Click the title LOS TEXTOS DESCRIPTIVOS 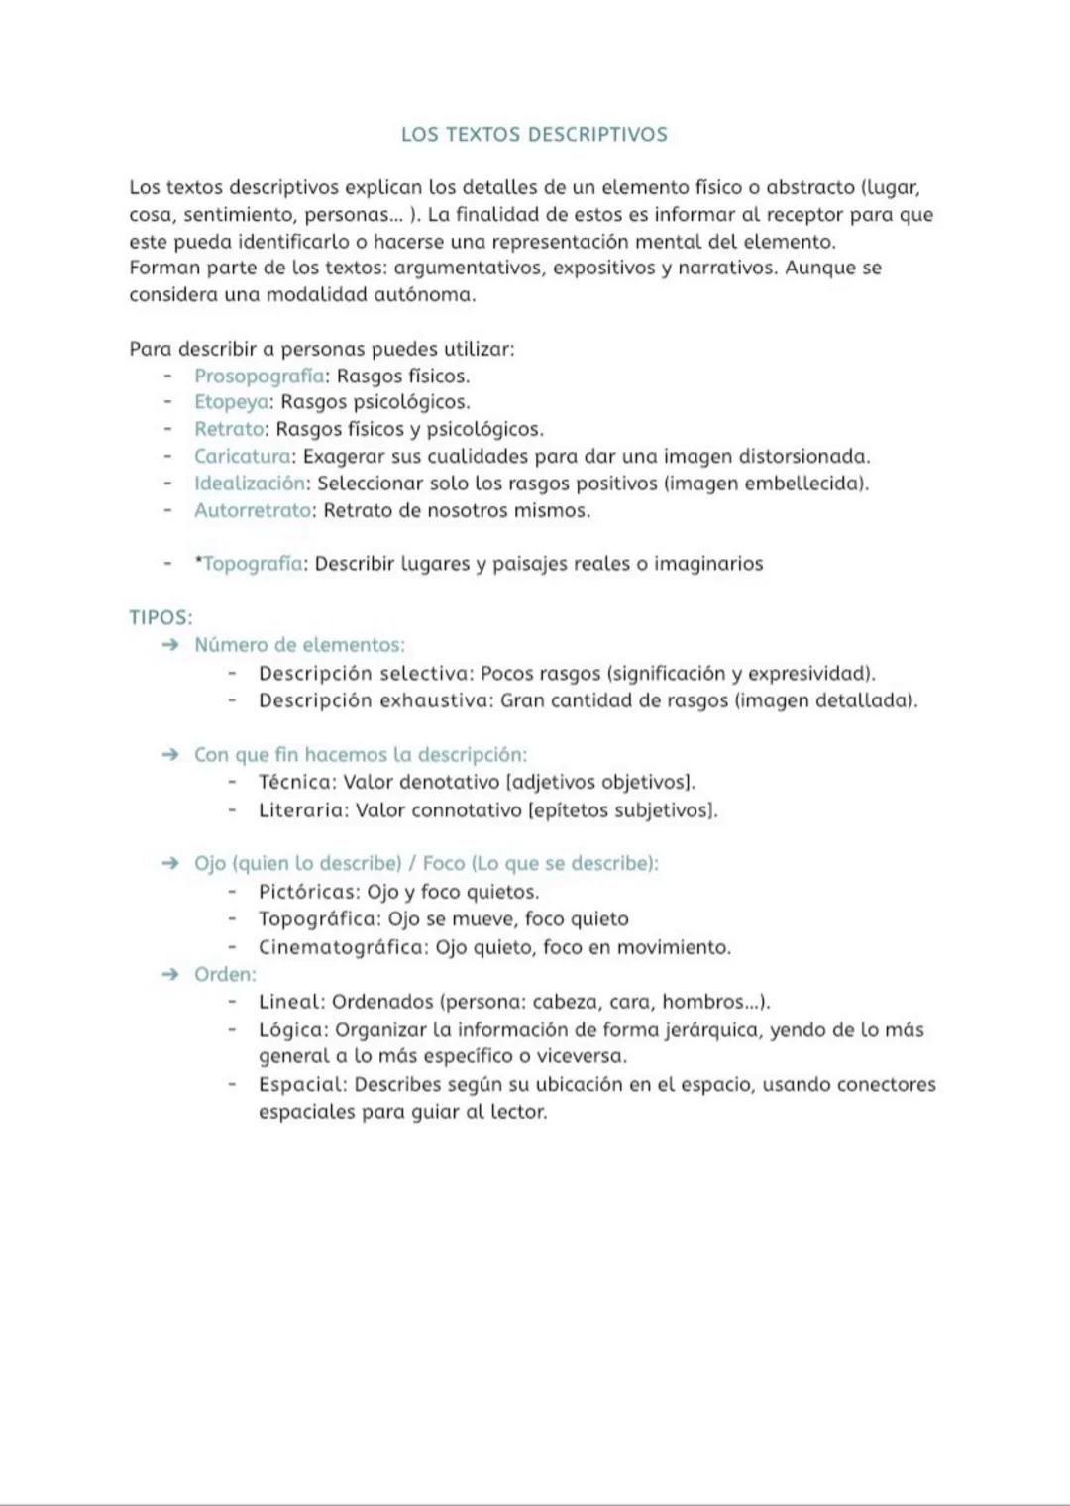pyautogui.click(x=534, y=135)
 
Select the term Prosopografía pyautogui.click(x=260, y=376)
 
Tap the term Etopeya pyautogui.click(x=232, y=402)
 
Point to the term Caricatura pyautogui.click(x=243, y=457)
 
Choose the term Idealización pyautogui.click(x=250, y=484)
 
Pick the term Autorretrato pyautogui.click(x=253, y=511)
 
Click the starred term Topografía pyautogui.click(x=253, y=564)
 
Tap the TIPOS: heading pyautogui.click(x=160, y=618)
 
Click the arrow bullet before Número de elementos pyautogui.click(x=170, y=645)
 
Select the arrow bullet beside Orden pyautogui.click(x=170, y=975)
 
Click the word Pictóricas pyautogui.click(x=308, y=892)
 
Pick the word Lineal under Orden pyautogui.click(x=290, y=1002)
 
